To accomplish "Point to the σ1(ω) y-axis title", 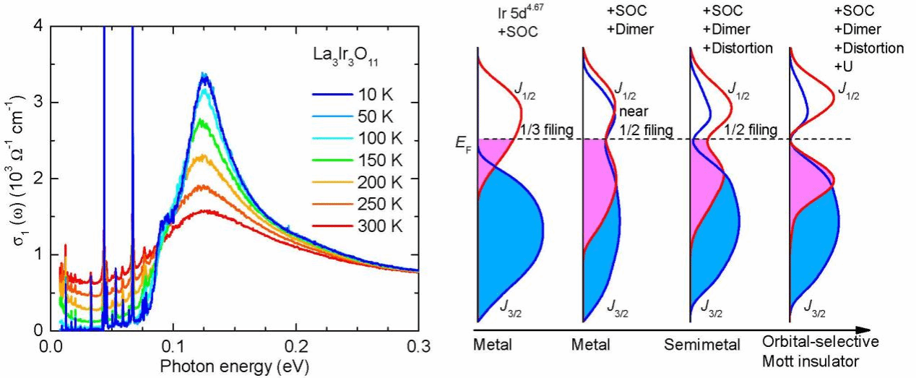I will click(x=17, y=179).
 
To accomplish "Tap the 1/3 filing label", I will click(x=547, y=130).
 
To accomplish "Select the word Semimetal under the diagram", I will click(x=702, y=345).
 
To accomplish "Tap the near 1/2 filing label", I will click(x=646, y=121).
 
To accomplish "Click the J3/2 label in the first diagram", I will click(x=511, y=306).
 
